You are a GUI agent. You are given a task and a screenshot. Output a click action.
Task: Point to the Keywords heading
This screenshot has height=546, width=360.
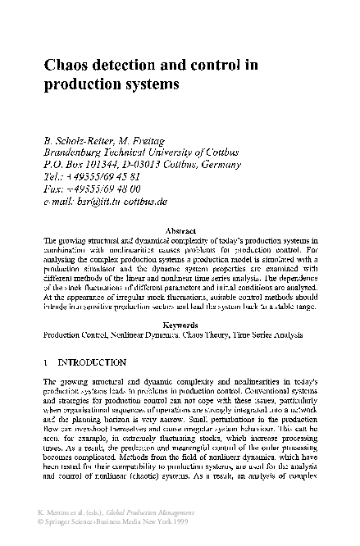[x=180, y=325]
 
